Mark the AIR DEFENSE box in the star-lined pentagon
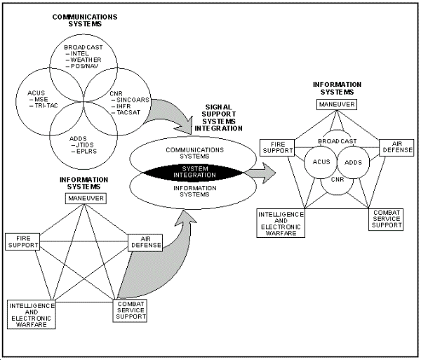pos(145,243)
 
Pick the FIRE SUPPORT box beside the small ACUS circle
pos(276,147)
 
